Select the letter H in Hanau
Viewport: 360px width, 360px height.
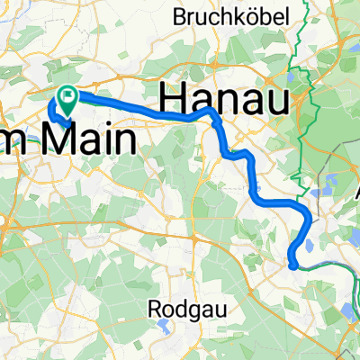point(174,94)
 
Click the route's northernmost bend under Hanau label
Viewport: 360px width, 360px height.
point(210,110)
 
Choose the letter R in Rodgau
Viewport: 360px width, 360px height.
point(155,308)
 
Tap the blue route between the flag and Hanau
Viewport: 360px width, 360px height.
point(135,106)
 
